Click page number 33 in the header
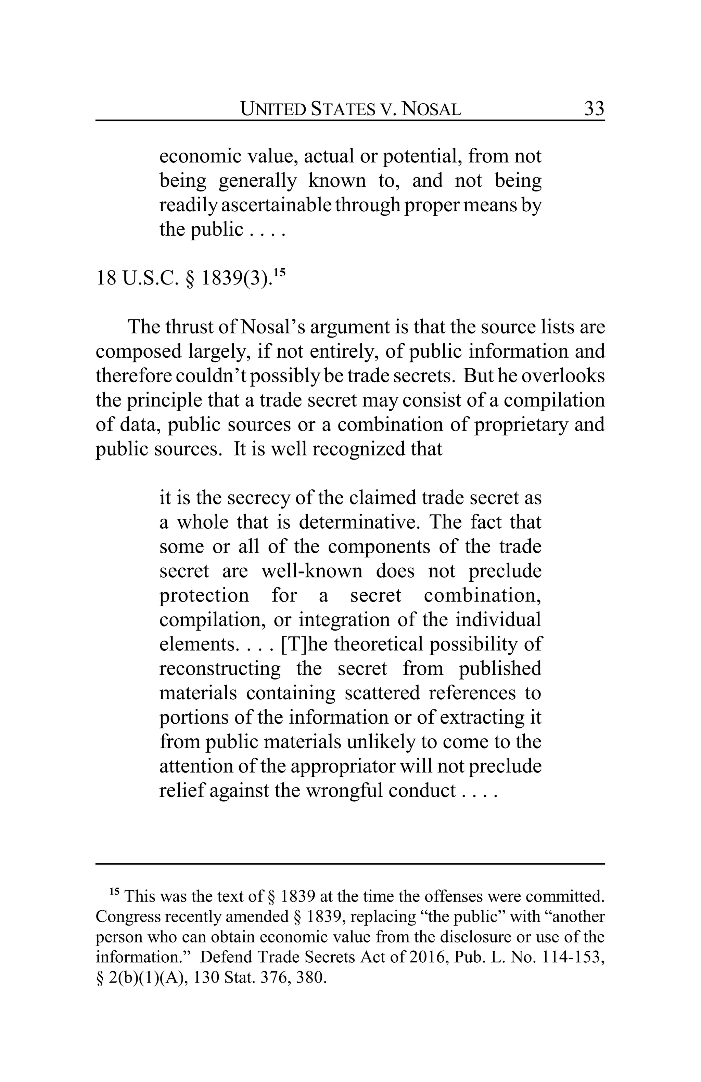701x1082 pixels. (x=594, y=109)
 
